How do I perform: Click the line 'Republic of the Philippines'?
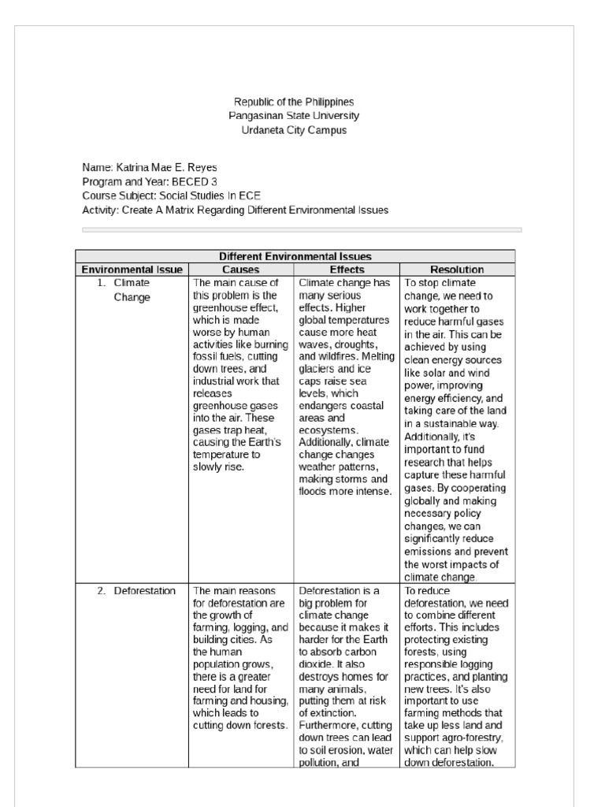[x=294, y=102]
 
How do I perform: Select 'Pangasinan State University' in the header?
[x=294, y=117]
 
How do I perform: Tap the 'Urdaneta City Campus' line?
[x=294, y=131]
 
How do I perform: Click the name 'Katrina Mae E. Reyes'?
[x=165, y=168]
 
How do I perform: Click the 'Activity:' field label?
[x=101, y=210]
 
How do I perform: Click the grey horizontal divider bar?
[x=302, y=230]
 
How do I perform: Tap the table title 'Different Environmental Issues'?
[x=295, y=256]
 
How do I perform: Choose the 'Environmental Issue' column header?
[x=132, y=270]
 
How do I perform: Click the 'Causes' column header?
[x=241, y=270]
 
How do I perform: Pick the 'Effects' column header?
[x=347, y=270]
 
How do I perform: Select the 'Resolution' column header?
[x=457, y=270]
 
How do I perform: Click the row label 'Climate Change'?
[x=132, y=290]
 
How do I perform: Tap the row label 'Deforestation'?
[x=144, y=591]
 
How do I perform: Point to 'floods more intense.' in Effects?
[x=344, y=492]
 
